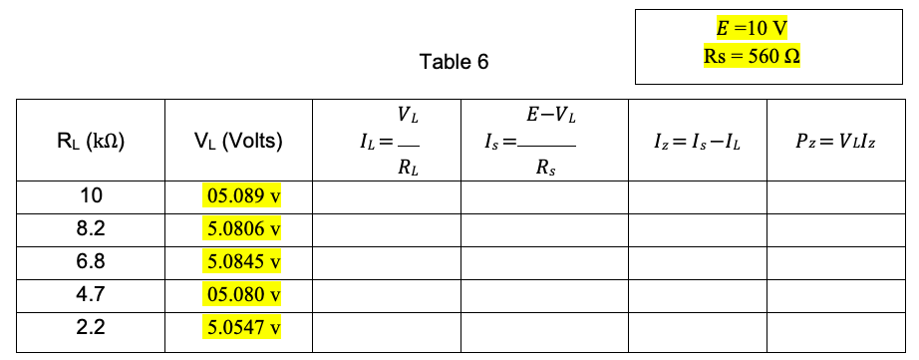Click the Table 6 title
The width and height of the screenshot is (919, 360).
point(455,63)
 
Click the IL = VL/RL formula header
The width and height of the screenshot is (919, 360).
point(388,141)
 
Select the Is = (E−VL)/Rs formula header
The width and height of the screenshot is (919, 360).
point(543,141)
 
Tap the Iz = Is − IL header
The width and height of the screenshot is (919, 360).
point(697,142)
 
